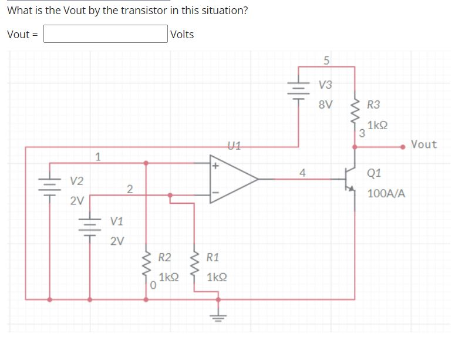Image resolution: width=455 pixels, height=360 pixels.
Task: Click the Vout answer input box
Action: coord(105,33)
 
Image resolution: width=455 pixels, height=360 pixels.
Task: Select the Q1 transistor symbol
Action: coord(351,179)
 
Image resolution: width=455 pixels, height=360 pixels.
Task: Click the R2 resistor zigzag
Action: coord(146,267)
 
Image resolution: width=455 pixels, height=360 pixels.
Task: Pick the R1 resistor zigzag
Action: coord(194,267)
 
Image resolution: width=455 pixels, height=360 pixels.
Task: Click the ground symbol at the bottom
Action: coord(218,317)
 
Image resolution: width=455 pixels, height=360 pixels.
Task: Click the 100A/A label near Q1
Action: coord(386,193)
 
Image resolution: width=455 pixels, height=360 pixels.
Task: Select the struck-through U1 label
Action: coord(232,144)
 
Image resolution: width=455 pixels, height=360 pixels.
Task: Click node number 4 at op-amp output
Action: coord(302,173)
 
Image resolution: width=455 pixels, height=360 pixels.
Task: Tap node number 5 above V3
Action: coord(326,60)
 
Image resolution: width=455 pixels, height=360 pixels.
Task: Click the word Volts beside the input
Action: coord(182,34)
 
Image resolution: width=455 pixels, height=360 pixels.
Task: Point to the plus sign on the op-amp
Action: coord(215,166)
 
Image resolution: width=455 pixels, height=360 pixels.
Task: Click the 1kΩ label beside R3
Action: coord(378,126)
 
